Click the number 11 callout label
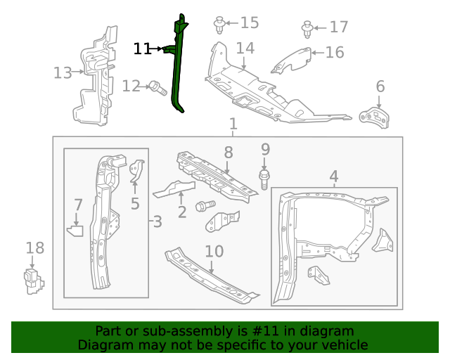pyautogui.click(x=142, y=49)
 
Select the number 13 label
pyautogui.click(x=63, y=72)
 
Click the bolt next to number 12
pyautogui.click(x=156, y=88)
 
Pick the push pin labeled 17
pyautogui.click(x=308, y=30)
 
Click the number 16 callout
pyautogui.click(x=335, y=52)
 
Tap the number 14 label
pyautogui.click(x=245, y=49)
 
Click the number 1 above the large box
pyautogui.click(x=233, y=124)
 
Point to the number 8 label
pyautogui.click(x=228, y=152)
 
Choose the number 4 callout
pyautogui.click(x=334, y=176)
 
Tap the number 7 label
pyautogui.click(x=78, y=205)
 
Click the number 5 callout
pyautogui.click(x=135, y=204)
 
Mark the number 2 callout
pyautogui.click(x=181, y=211)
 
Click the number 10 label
pyautogui.click(x=214, y=251)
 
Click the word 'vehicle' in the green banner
pyautogui.click(x=342, y=345)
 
